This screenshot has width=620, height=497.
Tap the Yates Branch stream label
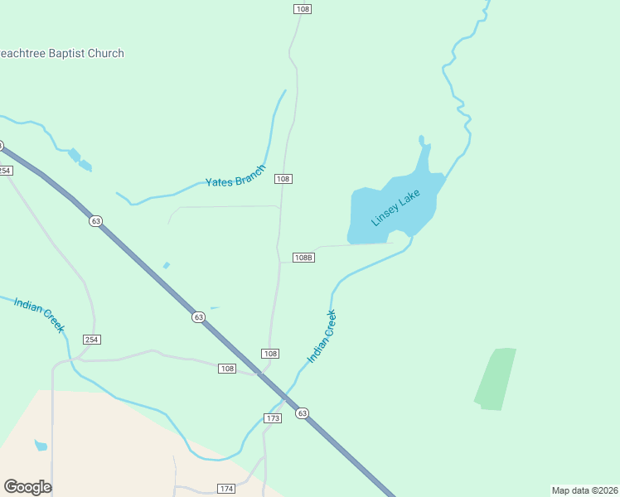pyautogui.click(x=235, y=176)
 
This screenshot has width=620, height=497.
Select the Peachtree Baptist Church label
pyautogui.click(x=61, y=54)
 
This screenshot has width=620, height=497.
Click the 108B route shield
pyautogui.click(x=304, y=258)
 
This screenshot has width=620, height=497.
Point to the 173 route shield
pyautogui.click(x=273, y=418)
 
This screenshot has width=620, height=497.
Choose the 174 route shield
pyautogui.click(x=226, y=489)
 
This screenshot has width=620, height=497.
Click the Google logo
pyautogui.click(x=27, y=487)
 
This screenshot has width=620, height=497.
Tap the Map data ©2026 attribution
pyautogui.click(x=585, y=490)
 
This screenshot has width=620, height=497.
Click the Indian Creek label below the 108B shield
pyautogui.click(x=322, y=335)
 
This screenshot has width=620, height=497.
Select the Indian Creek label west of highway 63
pyautogui.click(x=39, y=314)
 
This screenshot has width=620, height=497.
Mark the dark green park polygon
pyautogui.click(x=496, y=379)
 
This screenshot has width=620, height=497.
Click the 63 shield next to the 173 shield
pyautogui.click(x=302, y=413)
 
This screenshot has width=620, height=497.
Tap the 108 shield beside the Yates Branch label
pyautogui.click(x=283, y=179)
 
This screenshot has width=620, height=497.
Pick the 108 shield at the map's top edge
pyautogui.click(x=302, y=8)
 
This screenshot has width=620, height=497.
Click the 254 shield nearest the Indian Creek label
pyautogui.click(x=91, y=340)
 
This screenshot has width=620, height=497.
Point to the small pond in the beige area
pyautogui.click(x=41, y=446)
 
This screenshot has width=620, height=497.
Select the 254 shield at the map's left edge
pyautogui.click(x=6, y=170)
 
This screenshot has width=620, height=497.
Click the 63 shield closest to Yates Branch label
pyautogui.click(x=96, y=221)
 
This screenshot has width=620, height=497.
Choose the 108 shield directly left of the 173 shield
pyautogui.click(x=228, y=368)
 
